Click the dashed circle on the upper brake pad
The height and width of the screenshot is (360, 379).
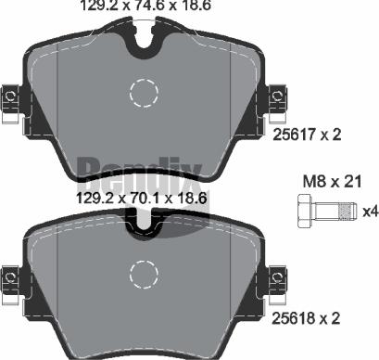tap(145, 94)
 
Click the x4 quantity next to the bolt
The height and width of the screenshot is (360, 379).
tap(369, 212)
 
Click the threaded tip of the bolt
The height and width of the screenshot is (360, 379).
tap(347, 212)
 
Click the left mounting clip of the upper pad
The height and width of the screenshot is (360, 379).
tap(10, 96)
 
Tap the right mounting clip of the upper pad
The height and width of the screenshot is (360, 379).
tap(277, 96)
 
